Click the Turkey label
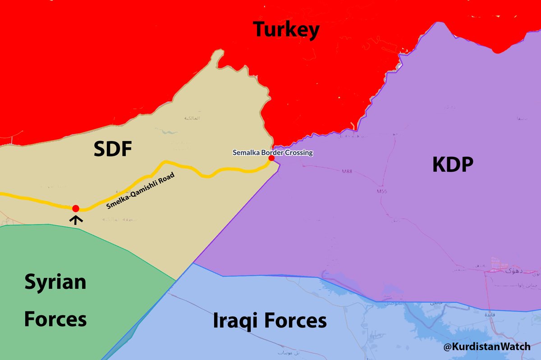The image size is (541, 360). pos(286,30)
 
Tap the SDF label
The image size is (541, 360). pos(112,149)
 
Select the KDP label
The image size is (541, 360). pos(452,165)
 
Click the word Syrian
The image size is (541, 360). pos(55,283)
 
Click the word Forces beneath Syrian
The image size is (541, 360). pos(55,319)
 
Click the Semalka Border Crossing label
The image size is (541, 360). pos(272,153)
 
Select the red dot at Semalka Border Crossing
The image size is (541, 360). pos(271,159)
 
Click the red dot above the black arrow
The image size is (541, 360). pos(76,208)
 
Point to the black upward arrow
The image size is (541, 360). pos(76,219)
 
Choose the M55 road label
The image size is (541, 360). pos(382,191)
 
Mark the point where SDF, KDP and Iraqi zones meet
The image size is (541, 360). pos(193,263)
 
